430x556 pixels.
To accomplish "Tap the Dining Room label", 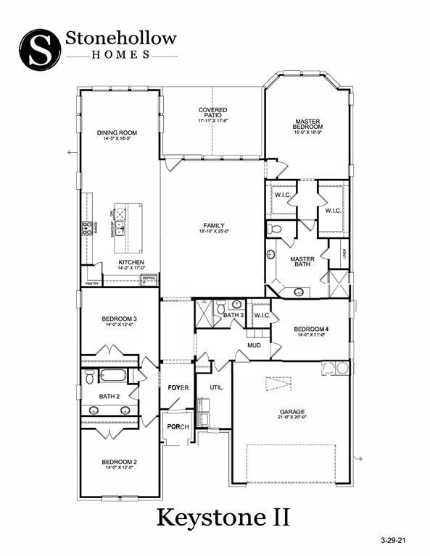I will (x=117, y=133).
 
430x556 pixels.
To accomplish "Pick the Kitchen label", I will (x=132, y=262).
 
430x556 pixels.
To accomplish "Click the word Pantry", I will (x=91, y=284).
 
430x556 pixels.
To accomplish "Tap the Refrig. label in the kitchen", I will (x=149, y=277).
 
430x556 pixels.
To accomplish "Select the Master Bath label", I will (x=302, y=262).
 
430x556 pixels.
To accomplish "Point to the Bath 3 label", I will (x=233, y=316).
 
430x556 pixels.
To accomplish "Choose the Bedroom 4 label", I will (x=310, y=329).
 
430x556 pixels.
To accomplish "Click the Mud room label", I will (x=254, y=345).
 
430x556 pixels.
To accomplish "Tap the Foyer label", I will (x=178, y=387).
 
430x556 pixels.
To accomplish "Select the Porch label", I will (x=178, y=426).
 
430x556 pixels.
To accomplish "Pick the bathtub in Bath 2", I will (x=112, y=376).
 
